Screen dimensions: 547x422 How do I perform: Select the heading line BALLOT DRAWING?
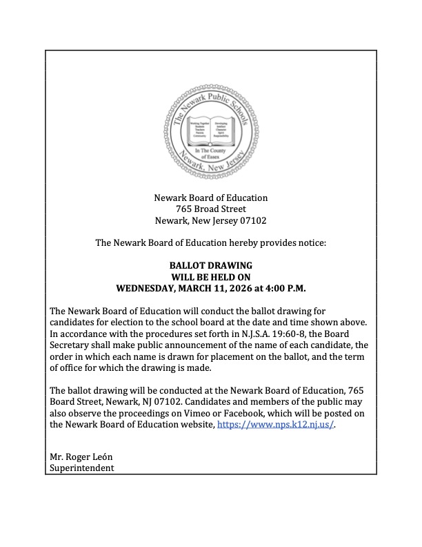coord(210,265)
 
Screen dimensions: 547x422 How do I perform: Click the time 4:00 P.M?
coord(284,287)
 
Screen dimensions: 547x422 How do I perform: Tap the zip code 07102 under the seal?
coord(252,221)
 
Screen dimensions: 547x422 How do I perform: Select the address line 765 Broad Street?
coord(210,209)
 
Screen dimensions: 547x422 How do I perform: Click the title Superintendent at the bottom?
coord(81,468)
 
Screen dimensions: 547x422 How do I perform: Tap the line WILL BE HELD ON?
coord(210,276)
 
